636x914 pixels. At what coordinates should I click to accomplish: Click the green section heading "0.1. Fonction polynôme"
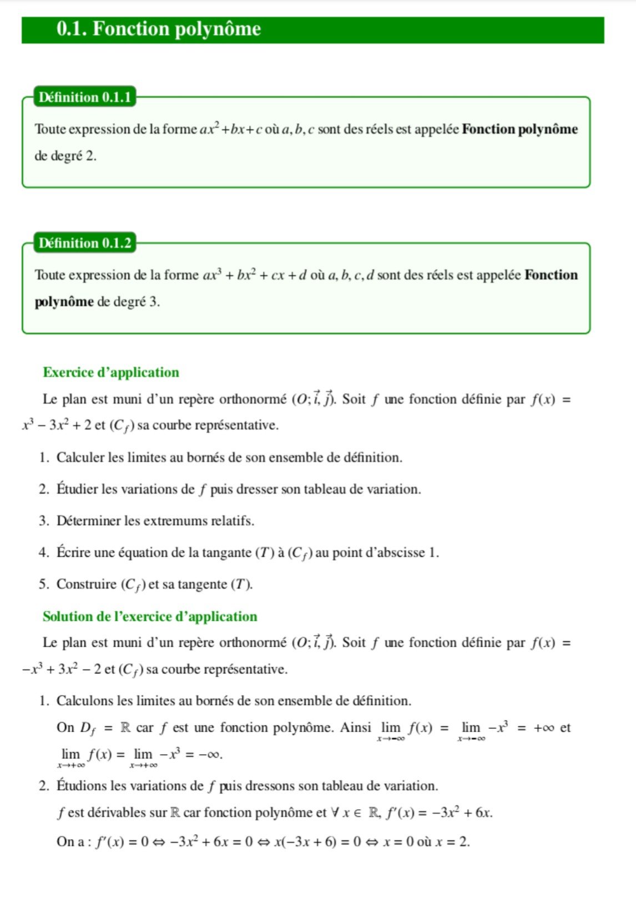point(159,29)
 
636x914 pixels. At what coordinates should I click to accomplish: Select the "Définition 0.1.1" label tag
point(85,98)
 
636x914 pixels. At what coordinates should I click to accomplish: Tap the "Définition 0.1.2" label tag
point(85,243)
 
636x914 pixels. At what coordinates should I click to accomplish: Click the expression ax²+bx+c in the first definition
point(231,130)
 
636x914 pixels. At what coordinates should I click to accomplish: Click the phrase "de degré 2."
point(65,156)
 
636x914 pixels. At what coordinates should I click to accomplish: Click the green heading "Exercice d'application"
point(111,373)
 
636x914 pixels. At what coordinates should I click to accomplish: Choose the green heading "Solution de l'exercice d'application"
point(150,617)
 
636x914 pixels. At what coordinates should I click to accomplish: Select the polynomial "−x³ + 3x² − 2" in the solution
point(61,670)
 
